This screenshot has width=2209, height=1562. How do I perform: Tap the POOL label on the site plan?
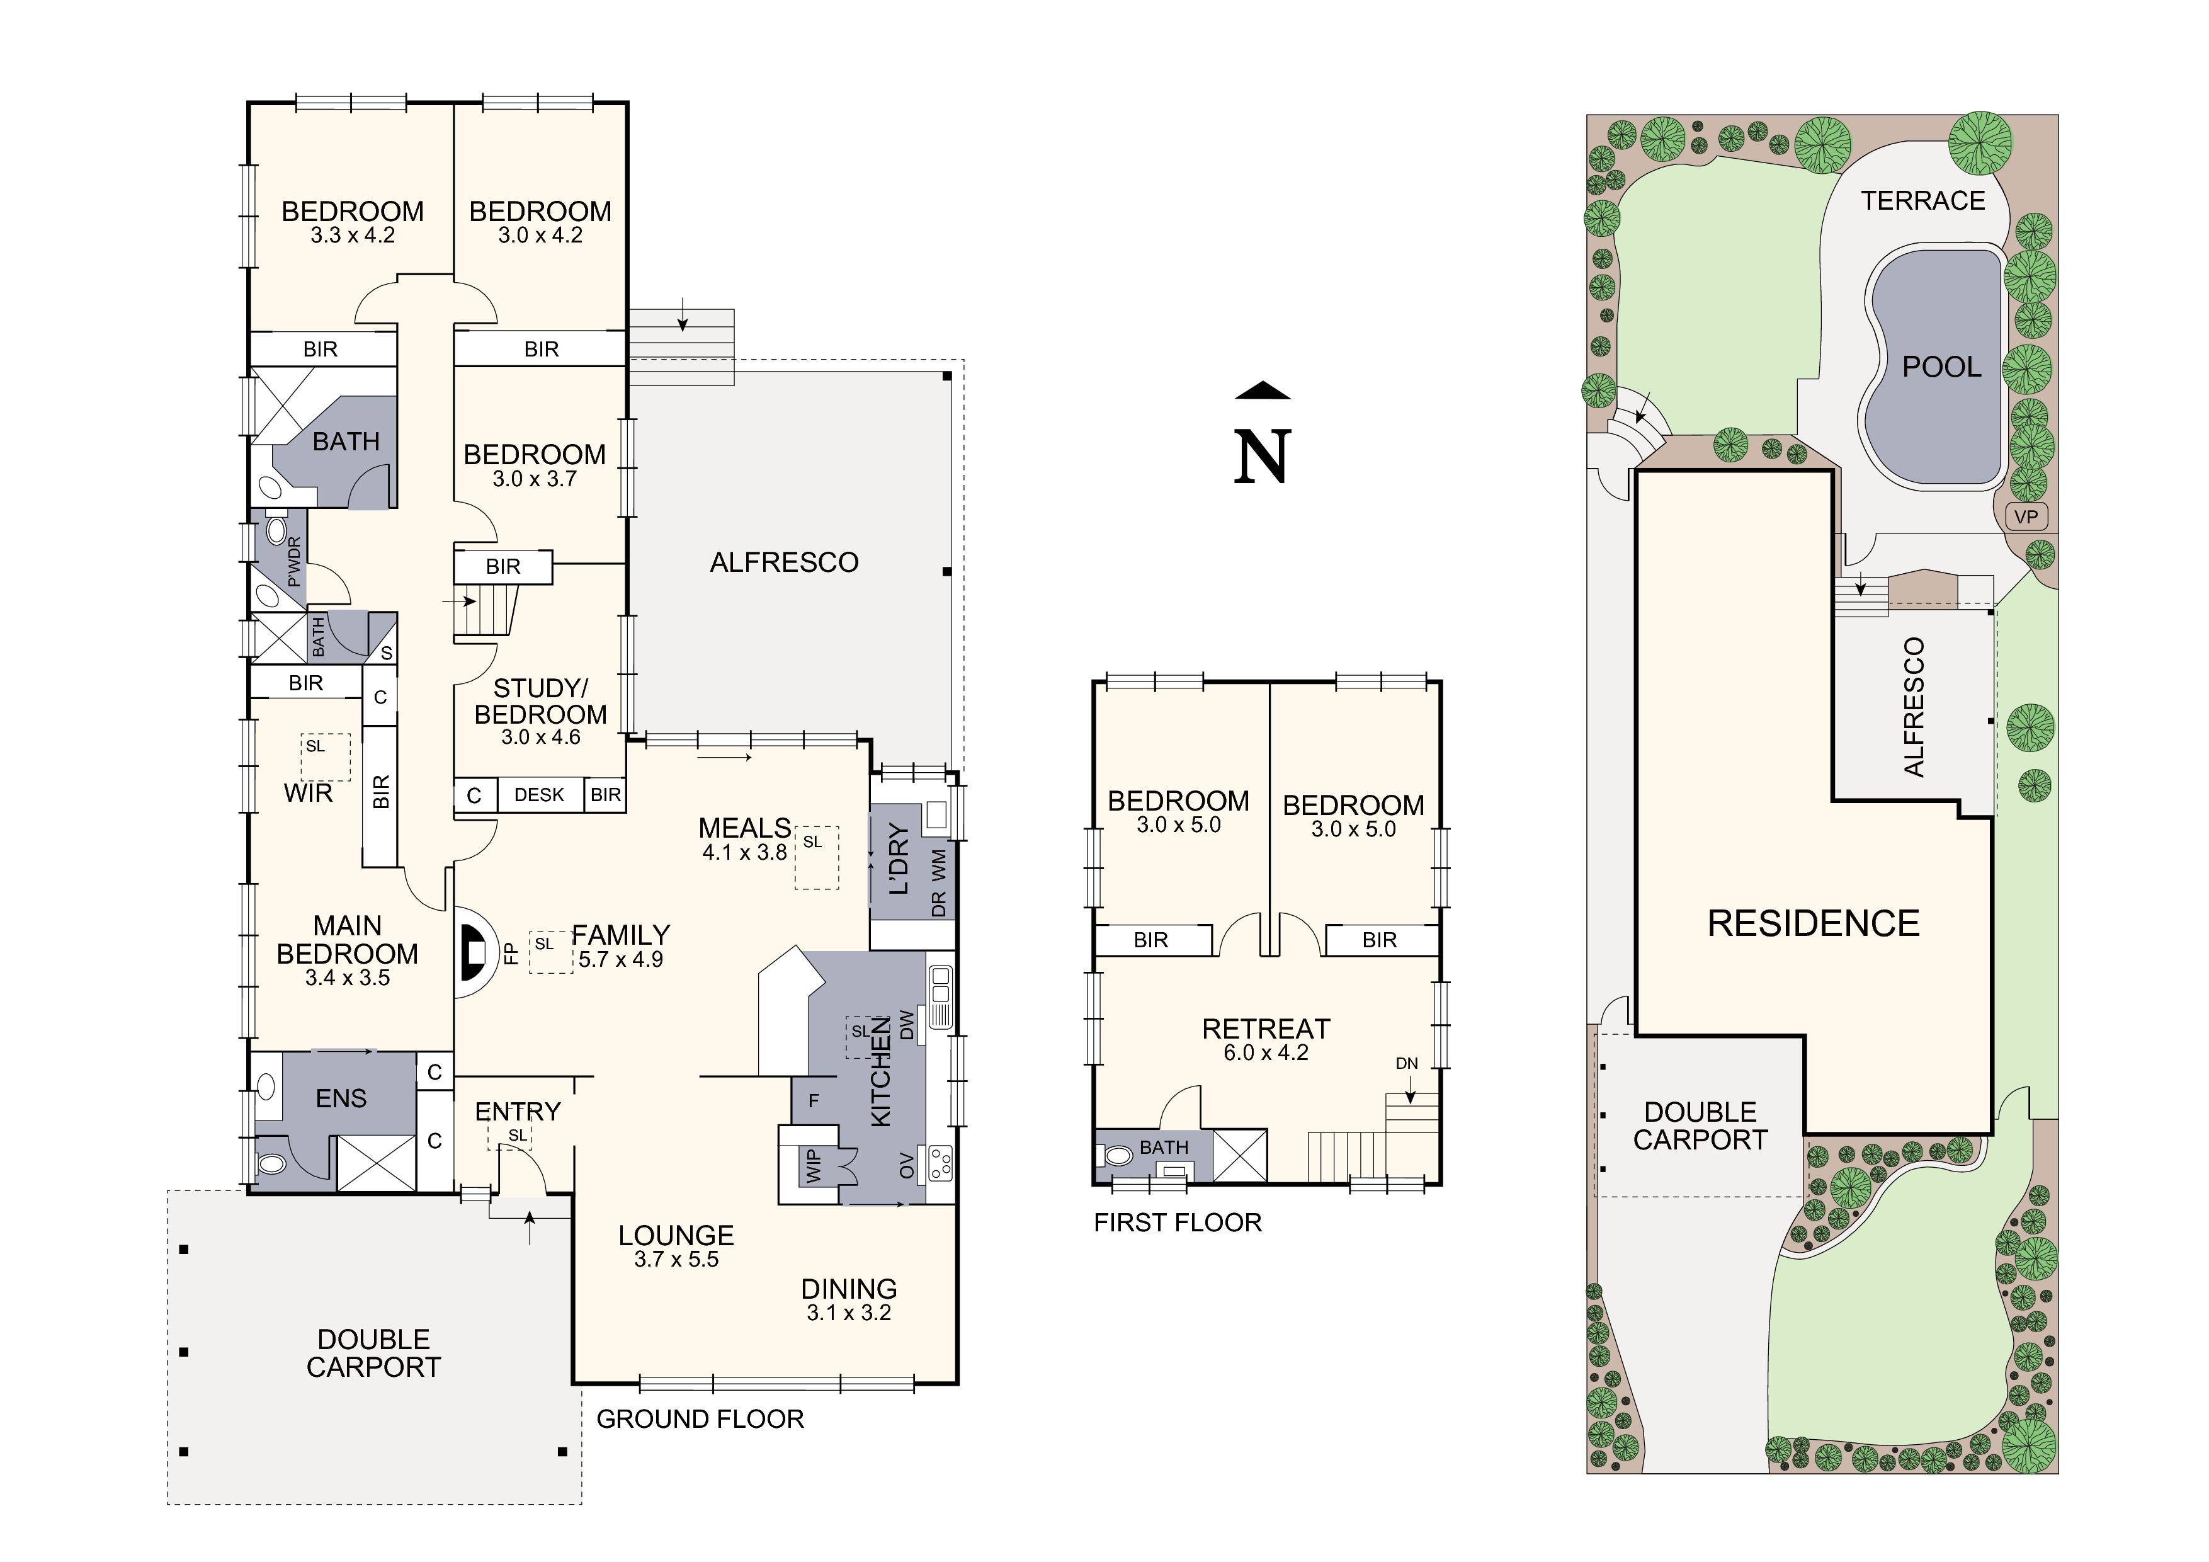(x=1941, y=367)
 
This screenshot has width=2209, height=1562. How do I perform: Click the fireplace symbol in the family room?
(x=474, y=953)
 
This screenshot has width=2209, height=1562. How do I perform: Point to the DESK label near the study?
(x=539, y=795)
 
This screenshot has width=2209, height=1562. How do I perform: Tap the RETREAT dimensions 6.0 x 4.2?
(x=1265, y=1053)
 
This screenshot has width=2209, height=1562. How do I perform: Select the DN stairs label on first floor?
(x=1407, y=1063)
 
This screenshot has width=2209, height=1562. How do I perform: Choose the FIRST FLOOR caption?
(x=1178, y=1223)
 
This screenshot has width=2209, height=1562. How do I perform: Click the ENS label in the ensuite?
(x=341, y=1098)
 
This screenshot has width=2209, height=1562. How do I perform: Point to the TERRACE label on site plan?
(x=1922, y=200)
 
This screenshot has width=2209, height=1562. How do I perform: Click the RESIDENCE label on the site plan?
(x=1813, y=923)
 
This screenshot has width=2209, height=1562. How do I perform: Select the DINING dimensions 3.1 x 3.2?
(x=849, y=1313)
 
